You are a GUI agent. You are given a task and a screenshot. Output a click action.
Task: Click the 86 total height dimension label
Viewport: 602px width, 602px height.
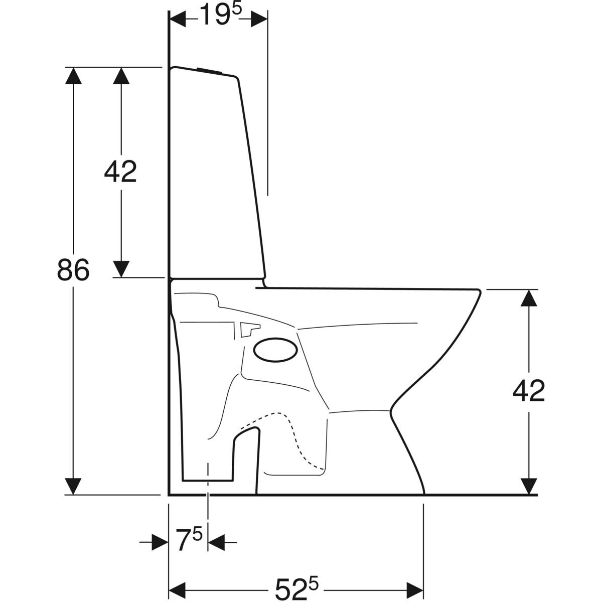(73, 269)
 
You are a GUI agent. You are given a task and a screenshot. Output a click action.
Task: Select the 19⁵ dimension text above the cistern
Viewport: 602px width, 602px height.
(220, 15)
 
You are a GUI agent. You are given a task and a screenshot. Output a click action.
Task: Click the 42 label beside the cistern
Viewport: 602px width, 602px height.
(120, 172)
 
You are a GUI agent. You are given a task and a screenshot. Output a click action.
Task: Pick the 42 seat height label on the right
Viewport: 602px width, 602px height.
(529, 391)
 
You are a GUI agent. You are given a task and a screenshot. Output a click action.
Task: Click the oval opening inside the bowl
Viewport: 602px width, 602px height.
(275, 350)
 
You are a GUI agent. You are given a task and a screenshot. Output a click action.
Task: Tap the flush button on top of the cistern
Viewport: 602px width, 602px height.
(209, 70)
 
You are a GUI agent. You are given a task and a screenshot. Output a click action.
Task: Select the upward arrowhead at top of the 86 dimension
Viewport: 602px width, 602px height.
(73, 76)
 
